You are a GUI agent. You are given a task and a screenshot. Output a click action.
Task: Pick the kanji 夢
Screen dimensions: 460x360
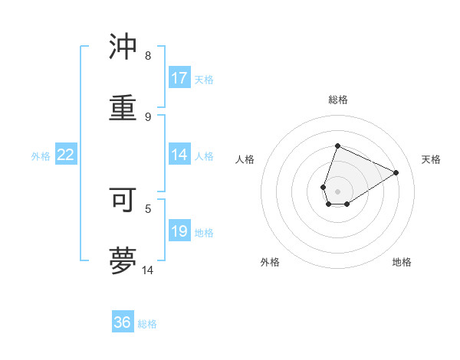tap(123, 260)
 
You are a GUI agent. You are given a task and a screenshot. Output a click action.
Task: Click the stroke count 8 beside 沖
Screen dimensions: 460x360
tap(147, 56)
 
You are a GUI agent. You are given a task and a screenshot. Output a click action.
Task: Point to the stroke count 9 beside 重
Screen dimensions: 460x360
tap(147, 116)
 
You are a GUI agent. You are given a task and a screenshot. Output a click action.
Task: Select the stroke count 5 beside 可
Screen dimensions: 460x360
tap(147, 208)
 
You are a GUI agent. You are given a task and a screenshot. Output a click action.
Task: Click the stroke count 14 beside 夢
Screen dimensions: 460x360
tap(148, 270)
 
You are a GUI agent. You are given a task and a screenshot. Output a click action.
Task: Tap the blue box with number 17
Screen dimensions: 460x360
tap(179, 78)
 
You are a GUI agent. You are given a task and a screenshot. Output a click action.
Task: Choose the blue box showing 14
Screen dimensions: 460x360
tap(179, 155)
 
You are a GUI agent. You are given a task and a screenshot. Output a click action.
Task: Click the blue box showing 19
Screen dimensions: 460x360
tap(179, 231)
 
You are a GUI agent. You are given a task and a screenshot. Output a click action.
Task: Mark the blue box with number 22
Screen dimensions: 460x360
tap(66, 155)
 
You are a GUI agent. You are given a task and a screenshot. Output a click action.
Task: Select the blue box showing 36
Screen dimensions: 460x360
tap(123, 322)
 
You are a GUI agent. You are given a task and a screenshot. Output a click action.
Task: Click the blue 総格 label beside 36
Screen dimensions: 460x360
tap(147, 324)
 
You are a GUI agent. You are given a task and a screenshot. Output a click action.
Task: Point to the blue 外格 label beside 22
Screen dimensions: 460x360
tap(41, 156)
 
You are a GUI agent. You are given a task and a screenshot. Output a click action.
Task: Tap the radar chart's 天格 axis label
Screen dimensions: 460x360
tap(431, 159)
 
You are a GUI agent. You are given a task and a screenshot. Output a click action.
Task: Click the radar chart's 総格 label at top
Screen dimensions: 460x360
tap(337, 100)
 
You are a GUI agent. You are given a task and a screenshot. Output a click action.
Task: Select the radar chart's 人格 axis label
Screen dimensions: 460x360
tap(245, 159)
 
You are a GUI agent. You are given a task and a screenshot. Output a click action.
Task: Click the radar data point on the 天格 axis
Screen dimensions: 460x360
tap(396, 172)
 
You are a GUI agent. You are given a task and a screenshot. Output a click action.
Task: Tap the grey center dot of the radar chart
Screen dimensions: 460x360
tap(337, 191)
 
